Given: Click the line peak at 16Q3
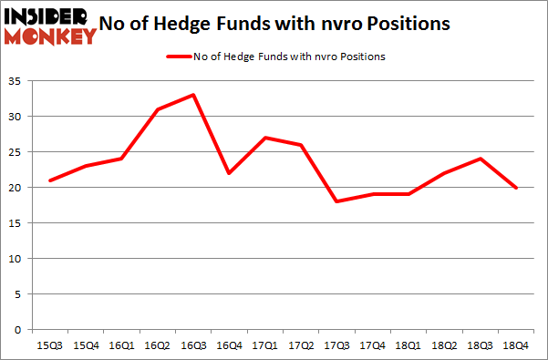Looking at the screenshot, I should click(x=193, y=95).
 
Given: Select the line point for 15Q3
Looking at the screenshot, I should click(x=50, y=180).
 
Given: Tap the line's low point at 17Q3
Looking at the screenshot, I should click(x=337, y=201).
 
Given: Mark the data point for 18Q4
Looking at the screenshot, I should click(x=517, y=188).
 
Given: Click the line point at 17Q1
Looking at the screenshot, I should click(x=265, y=138).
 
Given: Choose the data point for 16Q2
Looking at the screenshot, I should click(x=158, y=109).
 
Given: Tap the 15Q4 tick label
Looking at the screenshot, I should click(x=86, y=345).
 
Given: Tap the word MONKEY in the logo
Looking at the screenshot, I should click(x=51, y=36).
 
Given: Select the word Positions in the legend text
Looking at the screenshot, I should click(x=362, y=57).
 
